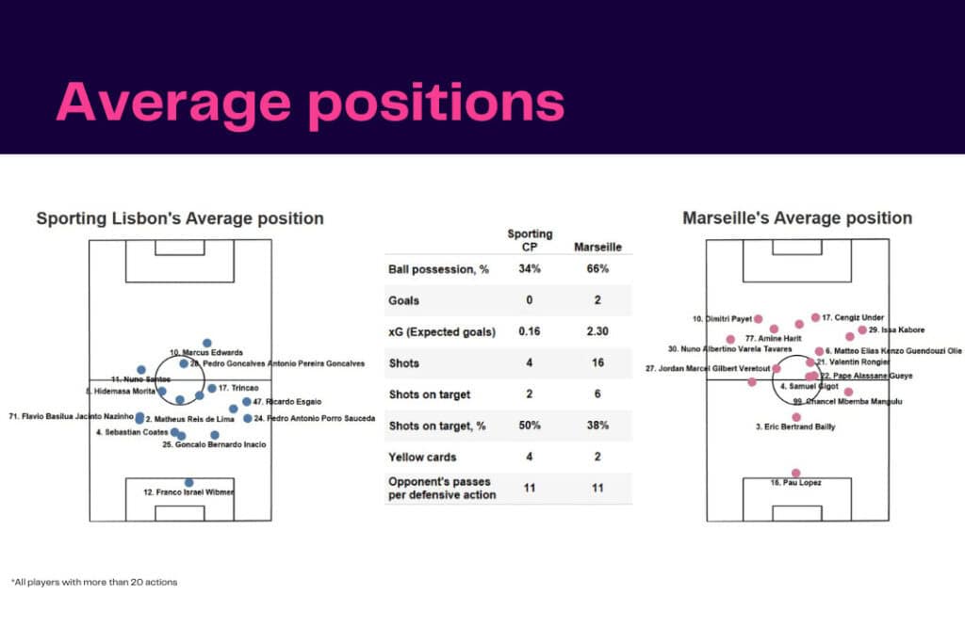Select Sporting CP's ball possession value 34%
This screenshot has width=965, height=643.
click(530, 269)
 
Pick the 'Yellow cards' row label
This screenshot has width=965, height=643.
click(422, 458)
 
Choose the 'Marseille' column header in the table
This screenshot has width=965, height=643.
click(597, 248)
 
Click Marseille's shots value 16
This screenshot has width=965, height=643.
click(597, 363)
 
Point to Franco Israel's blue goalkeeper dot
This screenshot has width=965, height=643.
click(189, 482)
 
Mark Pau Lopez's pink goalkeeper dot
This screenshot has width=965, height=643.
click(796, 473)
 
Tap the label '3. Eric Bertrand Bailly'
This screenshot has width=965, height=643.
click(795, 426)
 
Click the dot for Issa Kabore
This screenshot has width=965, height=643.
click(861, 330)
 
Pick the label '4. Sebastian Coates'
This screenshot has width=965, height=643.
click(131, 433)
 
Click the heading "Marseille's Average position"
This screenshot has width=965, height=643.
click(796, 218)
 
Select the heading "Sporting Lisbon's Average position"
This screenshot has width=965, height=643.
click(180, 218)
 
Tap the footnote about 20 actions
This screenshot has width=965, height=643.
click(94, 582)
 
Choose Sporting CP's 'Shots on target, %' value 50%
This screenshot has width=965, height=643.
click(530, 426)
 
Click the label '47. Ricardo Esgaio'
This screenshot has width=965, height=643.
click(287, 402)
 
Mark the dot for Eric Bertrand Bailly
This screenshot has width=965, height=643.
click(796, 416)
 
